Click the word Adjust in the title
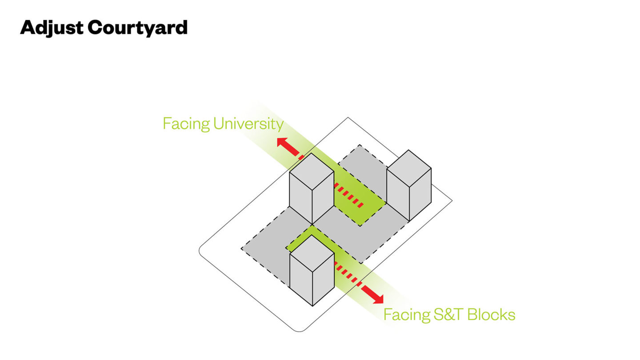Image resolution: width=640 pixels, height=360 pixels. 52,28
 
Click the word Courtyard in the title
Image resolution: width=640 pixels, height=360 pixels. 138,28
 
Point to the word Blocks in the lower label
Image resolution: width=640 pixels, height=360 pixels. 491,315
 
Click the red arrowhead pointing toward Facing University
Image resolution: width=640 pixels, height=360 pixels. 282,142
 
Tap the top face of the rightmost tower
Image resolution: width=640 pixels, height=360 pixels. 409,168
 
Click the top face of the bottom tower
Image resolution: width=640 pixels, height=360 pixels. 312,253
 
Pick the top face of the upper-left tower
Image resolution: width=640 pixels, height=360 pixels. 312,172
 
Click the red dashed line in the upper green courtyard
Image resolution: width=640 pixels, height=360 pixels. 348,196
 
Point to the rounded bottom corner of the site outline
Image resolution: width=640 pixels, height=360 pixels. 299,331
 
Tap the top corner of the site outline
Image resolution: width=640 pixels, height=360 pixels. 348,117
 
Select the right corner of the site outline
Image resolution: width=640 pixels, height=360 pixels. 452,200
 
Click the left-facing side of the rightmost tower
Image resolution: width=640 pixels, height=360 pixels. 398,195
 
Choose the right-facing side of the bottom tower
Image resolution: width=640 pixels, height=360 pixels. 324,280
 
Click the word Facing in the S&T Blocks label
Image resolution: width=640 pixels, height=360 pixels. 407,315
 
